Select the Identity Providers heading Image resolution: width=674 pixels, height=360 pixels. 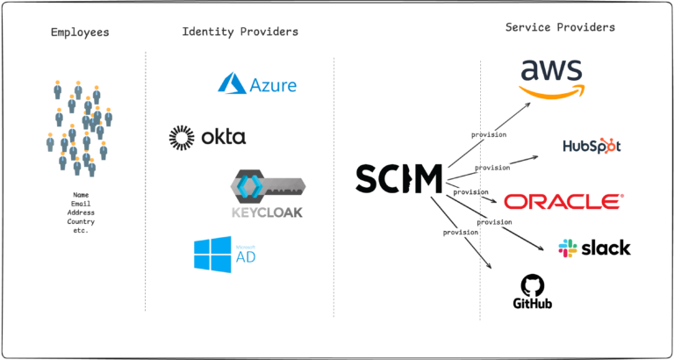point(240,32)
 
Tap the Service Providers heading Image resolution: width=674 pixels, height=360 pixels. point(560,27)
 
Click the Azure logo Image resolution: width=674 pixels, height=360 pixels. point(257,84)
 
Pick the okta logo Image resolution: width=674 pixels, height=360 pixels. point(207,136)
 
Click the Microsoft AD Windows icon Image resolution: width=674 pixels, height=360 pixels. point(213,254)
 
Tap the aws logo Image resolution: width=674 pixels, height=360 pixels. point(552,77)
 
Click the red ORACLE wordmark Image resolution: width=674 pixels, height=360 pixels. point(563,201)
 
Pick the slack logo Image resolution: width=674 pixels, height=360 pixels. point(593,248)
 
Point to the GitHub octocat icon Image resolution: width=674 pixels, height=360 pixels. point(532,284)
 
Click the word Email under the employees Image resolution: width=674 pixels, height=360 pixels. point(80,204)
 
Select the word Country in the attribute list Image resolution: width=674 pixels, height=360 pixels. point(80,221)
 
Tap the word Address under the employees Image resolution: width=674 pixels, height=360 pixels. point(80,212)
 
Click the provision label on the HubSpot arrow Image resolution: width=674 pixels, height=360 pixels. point(491,167)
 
